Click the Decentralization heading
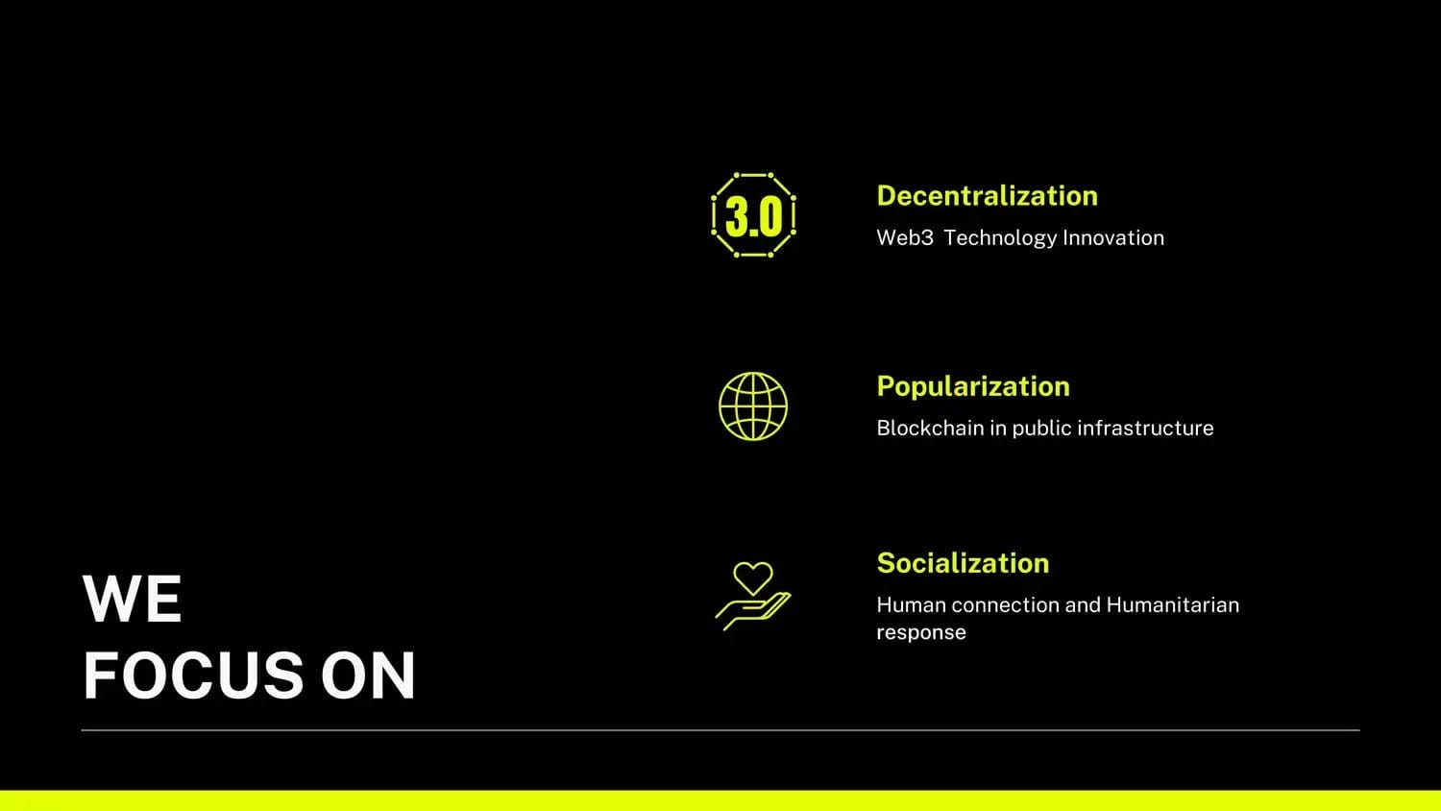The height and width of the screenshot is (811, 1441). tap(987, 196)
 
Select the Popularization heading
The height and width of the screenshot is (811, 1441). tap(973, 387)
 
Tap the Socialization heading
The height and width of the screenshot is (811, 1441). tap(963, 563)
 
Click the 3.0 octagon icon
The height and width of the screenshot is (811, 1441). tap(753, 215)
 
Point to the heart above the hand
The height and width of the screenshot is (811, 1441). tap(752, 578)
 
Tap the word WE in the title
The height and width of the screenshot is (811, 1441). tap(132, 599)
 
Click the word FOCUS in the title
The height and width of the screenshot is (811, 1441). tap(193, 675)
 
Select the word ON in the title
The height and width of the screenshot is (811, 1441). tap(368, 675)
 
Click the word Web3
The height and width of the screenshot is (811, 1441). tap(905, 237)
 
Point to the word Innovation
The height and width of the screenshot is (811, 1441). tap(1113, 237)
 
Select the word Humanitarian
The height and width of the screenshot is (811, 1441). tap(1173, 605)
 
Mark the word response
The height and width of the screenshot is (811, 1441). tap(921, 633)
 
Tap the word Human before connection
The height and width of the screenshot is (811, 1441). tap(912, 605)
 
